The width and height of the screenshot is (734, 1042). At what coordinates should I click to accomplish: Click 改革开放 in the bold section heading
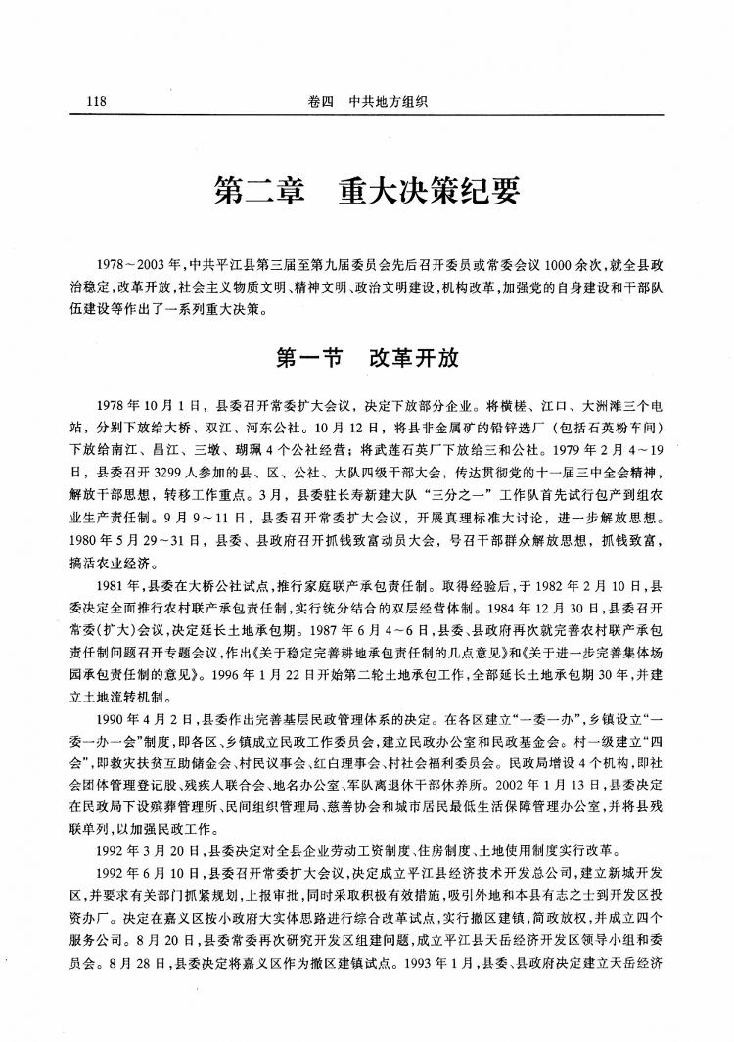pos(414,358)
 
